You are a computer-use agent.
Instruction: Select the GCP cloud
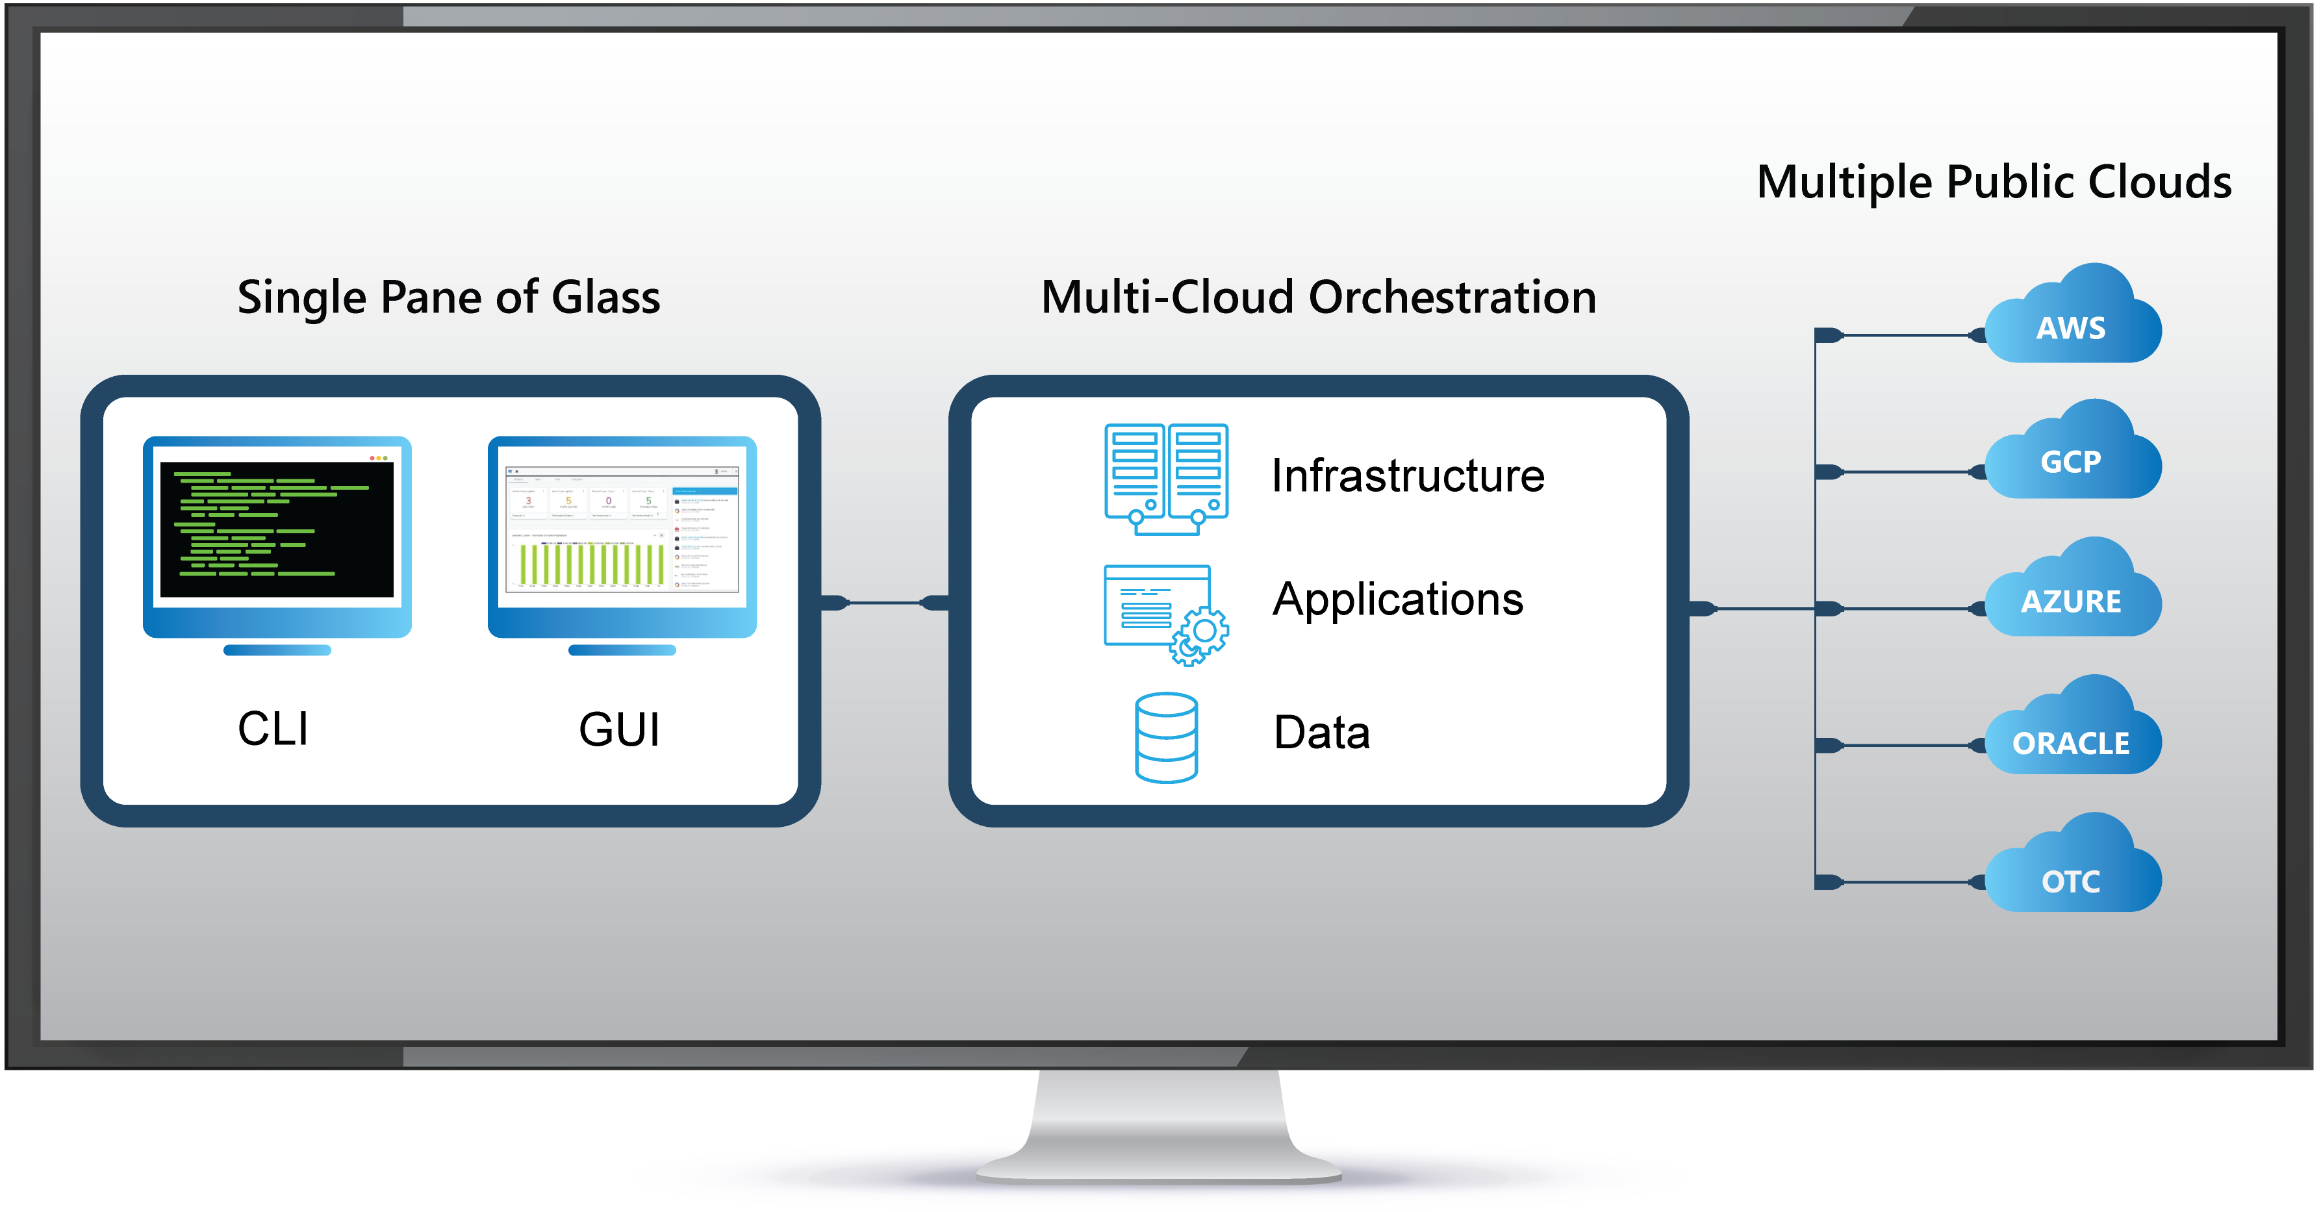click(2072, 455)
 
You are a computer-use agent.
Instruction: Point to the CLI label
click(273, 728)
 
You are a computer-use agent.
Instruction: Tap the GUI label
click(619, 729)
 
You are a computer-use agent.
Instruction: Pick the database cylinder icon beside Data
click(1166, 737)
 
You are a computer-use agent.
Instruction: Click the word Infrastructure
click(1408, 476)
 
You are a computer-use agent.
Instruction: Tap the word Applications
click(1397, 600)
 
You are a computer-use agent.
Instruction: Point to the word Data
click(1321, 732)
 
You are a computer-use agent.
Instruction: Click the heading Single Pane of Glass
click(449, 297)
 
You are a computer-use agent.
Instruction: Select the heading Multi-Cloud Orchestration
click(1318, 297)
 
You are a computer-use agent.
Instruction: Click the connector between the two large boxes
click(885, 602)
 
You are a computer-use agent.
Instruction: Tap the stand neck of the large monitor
click(1160, 1117)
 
